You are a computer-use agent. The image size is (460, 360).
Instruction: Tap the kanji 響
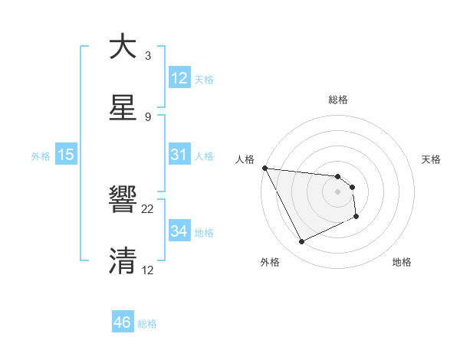click(123, 201)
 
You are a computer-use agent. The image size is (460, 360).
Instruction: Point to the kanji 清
click(123, 260)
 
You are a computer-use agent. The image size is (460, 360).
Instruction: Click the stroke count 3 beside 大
click(148, 56)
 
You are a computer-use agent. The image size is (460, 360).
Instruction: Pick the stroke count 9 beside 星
click(148, 116)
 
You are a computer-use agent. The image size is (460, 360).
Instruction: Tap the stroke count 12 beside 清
click(148, 270)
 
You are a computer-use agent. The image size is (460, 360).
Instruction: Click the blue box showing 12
click(179, 77)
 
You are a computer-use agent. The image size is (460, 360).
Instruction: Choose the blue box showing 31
click(179, 154)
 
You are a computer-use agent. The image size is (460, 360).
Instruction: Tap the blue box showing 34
click(179, 231)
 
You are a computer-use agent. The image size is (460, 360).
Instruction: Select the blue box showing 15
click(66, 154)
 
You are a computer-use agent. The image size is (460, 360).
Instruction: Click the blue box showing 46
click(123, 322)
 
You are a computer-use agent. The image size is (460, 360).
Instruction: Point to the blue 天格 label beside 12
click(204, 79)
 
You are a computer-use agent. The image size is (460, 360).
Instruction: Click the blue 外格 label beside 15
click(41, 155)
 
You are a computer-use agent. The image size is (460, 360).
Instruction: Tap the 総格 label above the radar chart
click(338, 100)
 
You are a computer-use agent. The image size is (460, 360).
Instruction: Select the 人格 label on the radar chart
click(245, 159)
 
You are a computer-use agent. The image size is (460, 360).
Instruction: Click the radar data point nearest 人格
click(265, 168)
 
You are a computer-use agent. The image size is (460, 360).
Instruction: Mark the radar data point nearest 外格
click(301, 242)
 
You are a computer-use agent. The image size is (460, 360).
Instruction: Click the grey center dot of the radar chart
click(337, 191)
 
